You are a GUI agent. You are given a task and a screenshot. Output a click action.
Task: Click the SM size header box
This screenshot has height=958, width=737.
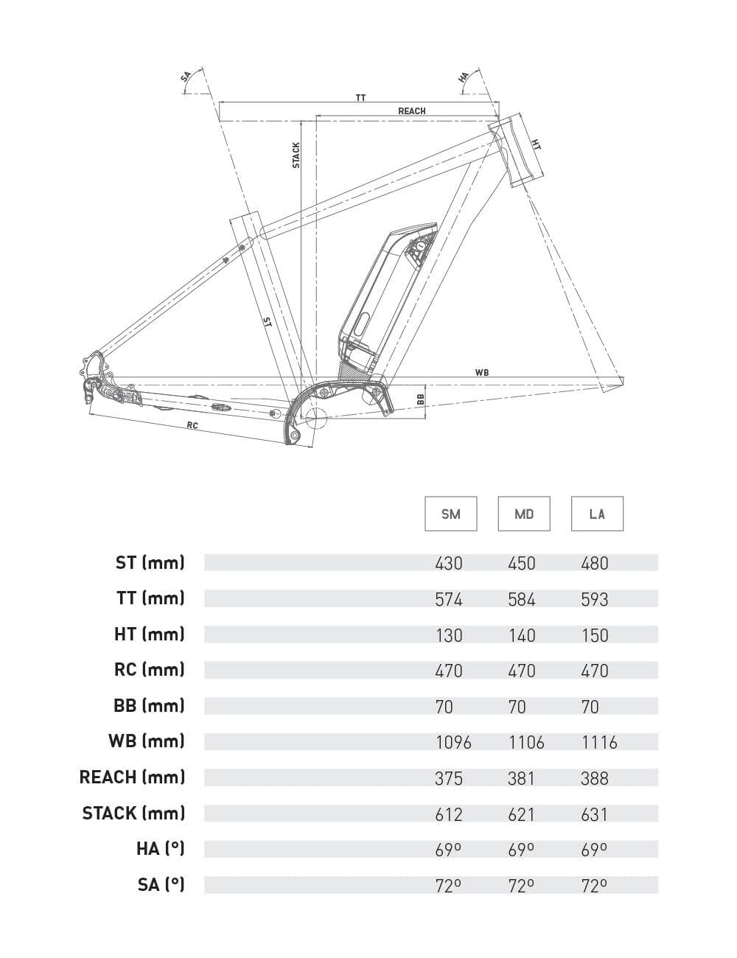pos(450,514)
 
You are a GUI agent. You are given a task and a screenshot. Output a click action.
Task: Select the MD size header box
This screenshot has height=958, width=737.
pos(524,514)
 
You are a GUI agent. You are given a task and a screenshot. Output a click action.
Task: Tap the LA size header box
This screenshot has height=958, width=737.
pos(597,514)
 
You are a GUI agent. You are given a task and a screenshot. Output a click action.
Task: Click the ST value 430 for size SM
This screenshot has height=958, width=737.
pos(449,564)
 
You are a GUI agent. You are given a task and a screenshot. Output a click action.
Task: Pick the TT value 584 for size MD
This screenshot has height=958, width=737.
pos(522,599)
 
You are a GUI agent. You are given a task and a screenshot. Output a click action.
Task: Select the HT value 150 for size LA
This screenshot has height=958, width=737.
pos(595,635)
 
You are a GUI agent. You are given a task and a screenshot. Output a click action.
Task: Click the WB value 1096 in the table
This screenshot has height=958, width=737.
pos(453,742)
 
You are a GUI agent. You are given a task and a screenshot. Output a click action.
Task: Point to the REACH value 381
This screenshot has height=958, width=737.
pos(521,778)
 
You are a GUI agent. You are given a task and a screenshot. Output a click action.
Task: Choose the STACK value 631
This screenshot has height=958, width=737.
pos(595,814)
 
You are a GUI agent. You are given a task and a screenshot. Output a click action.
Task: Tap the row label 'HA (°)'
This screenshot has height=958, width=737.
pos(160,849)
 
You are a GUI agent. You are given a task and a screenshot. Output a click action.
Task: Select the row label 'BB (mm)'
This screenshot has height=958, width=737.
pos(149,706)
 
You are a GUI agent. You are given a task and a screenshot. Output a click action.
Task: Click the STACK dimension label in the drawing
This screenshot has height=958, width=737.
pos(296,155)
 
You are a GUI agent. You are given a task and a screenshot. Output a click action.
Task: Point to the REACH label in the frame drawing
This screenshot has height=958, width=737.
pos(412,111)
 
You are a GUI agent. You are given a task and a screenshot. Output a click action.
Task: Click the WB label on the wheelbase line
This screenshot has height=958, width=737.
pos(482,373)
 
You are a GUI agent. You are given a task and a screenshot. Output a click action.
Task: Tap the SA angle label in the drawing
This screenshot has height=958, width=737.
pos(186,77)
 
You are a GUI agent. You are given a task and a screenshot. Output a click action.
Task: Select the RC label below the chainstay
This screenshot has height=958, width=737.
pos(192,425)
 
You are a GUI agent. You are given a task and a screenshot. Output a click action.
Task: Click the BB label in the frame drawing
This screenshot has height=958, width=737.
pos(421,399)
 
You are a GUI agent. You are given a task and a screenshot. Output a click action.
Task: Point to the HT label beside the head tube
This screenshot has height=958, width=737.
pos(536,144)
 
